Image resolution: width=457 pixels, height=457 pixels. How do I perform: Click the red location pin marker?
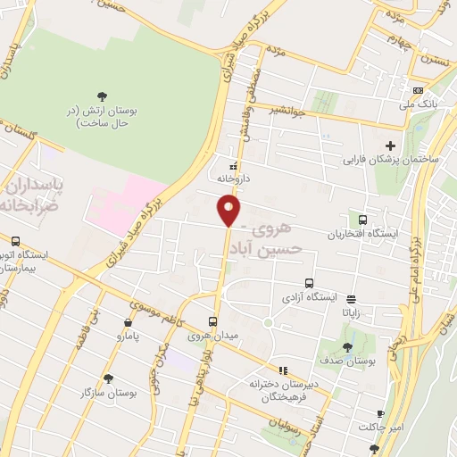click(229, 211)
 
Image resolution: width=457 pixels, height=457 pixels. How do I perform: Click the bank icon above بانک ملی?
click(418, 90)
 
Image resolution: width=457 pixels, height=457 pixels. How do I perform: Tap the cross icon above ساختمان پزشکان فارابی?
click(389, 146)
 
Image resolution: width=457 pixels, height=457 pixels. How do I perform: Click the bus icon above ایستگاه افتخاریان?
click(362, 220)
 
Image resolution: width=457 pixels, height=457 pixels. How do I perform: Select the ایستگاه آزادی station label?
click(310, 295)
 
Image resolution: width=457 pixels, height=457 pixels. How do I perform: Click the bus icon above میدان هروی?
click(212, 321)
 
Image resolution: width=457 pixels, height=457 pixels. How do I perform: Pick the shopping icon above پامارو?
click(129, 323)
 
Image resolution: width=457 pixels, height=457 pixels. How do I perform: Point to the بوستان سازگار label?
click(109, 393)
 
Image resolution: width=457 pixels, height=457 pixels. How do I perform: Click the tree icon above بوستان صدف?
click(347, 347)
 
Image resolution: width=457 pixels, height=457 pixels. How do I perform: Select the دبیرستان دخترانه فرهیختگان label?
click(277, 390)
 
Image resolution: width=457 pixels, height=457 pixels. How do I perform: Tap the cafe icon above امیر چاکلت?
click(380, 414)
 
